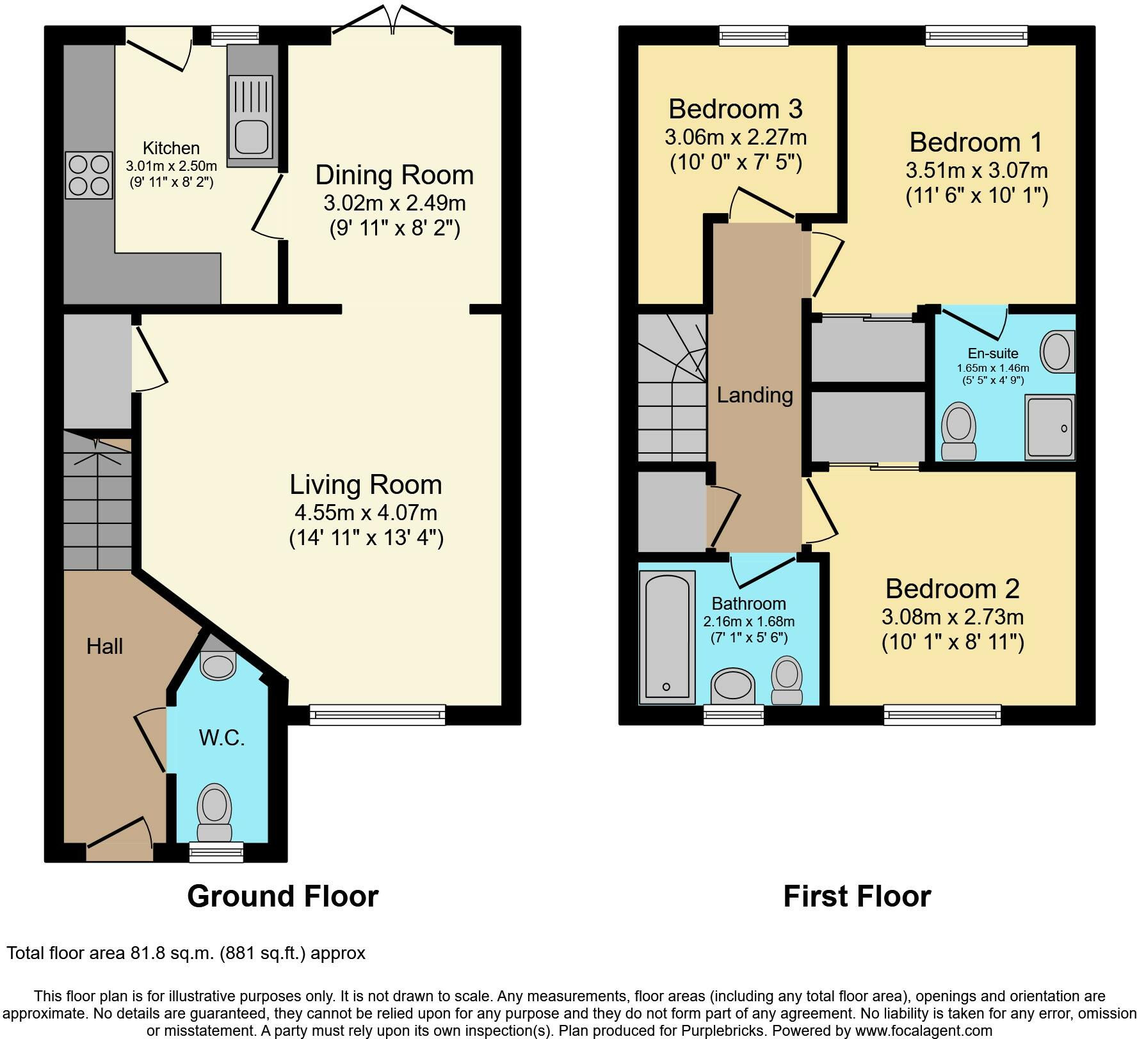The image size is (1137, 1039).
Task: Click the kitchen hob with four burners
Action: pyautogui.click(x=88, y=176)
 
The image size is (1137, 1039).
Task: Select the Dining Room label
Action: pyautogui.click(x=394, y=175)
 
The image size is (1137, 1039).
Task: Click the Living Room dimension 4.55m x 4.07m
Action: pyautogui.click(x=366, y=512)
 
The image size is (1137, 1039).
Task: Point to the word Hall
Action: pyautogui.click(x=104, y=646)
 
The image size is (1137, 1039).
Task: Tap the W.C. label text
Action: pyautogui.click(x=222, y=738)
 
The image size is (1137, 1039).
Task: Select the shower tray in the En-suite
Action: pyautogui.click(x=1050, y=427)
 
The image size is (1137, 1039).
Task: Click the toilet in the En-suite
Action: pyautogui.click(x=959, y=431)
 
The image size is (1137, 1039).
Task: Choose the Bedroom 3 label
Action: pyautogui.click(x=736, y=109)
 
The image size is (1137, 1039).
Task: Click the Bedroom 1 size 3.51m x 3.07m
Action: pyautogui.click(x=976, y=170)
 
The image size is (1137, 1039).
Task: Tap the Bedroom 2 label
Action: pyautogui.click(x=953, y=589)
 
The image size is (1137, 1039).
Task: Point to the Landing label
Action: pyautogui.click(x=755, y=395)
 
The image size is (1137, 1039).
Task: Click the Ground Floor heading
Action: pyautogui.click(x=283, y=896)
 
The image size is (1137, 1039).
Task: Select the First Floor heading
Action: pyautogui.click(x=857, y=896)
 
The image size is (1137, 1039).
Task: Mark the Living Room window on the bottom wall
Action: pyautogui.click(x=377, y=715)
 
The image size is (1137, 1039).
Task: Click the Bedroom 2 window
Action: pyautogui.click(x=942, y=715)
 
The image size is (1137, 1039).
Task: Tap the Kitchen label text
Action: pyautogui.click(x=171, y=148)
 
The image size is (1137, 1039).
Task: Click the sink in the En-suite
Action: pyautogui.click(x=1058, y=352)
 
